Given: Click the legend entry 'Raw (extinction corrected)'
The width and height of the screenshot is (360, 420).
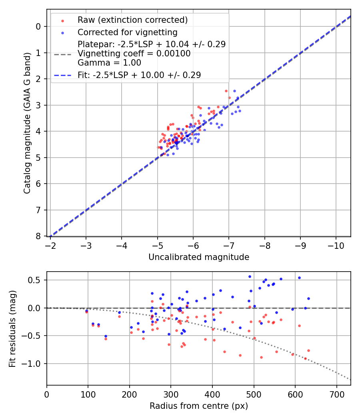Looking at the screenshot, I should tap(132, 20).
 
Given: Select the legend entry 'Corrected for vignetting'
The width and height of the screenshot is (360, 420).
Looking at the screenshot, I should tap(127, 32).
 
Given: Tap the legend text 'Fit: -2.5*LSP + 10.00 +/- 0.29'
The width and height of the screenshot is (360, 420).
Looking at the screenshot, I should tap(139, 75).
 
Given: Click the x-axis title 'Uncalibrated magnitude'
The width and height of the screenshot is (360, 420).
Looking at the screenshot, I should tap(199, 257).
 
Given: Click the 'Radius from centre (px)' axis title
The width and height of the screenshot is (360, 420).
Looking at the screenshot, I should tap(199, 406).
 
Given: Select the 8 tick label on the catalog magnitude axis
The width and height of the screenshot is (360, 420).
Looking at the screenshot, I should tap(38, 236).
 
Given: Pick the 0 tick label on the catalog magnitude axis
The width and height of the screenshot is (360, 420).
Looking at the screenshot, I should tap(38, 26).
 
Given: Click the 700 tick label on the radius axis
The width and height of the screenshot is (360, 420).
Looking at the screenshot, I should tap(336, 394).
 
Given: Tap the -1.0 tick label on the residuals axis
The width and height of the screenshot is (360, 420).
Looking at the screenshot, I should tap(33, 364).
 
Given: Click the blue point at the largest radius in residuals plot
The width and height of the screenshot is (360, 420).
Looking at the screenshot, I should tap(308, 298).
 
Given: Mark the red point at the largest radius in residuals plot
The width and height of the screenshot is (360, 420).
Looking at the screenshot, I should tap(308, 350).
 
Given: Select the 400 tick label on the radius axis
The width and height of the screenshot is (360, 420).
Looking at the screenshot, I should tap(212, 394).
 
